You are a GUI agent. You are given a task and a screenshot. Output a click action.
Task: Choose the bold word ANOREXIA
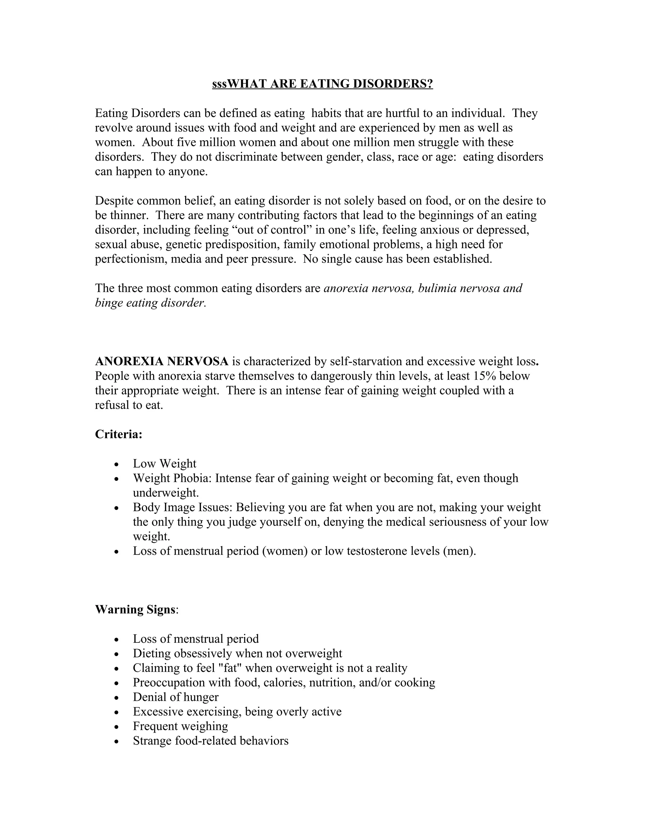pos(129,361)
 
